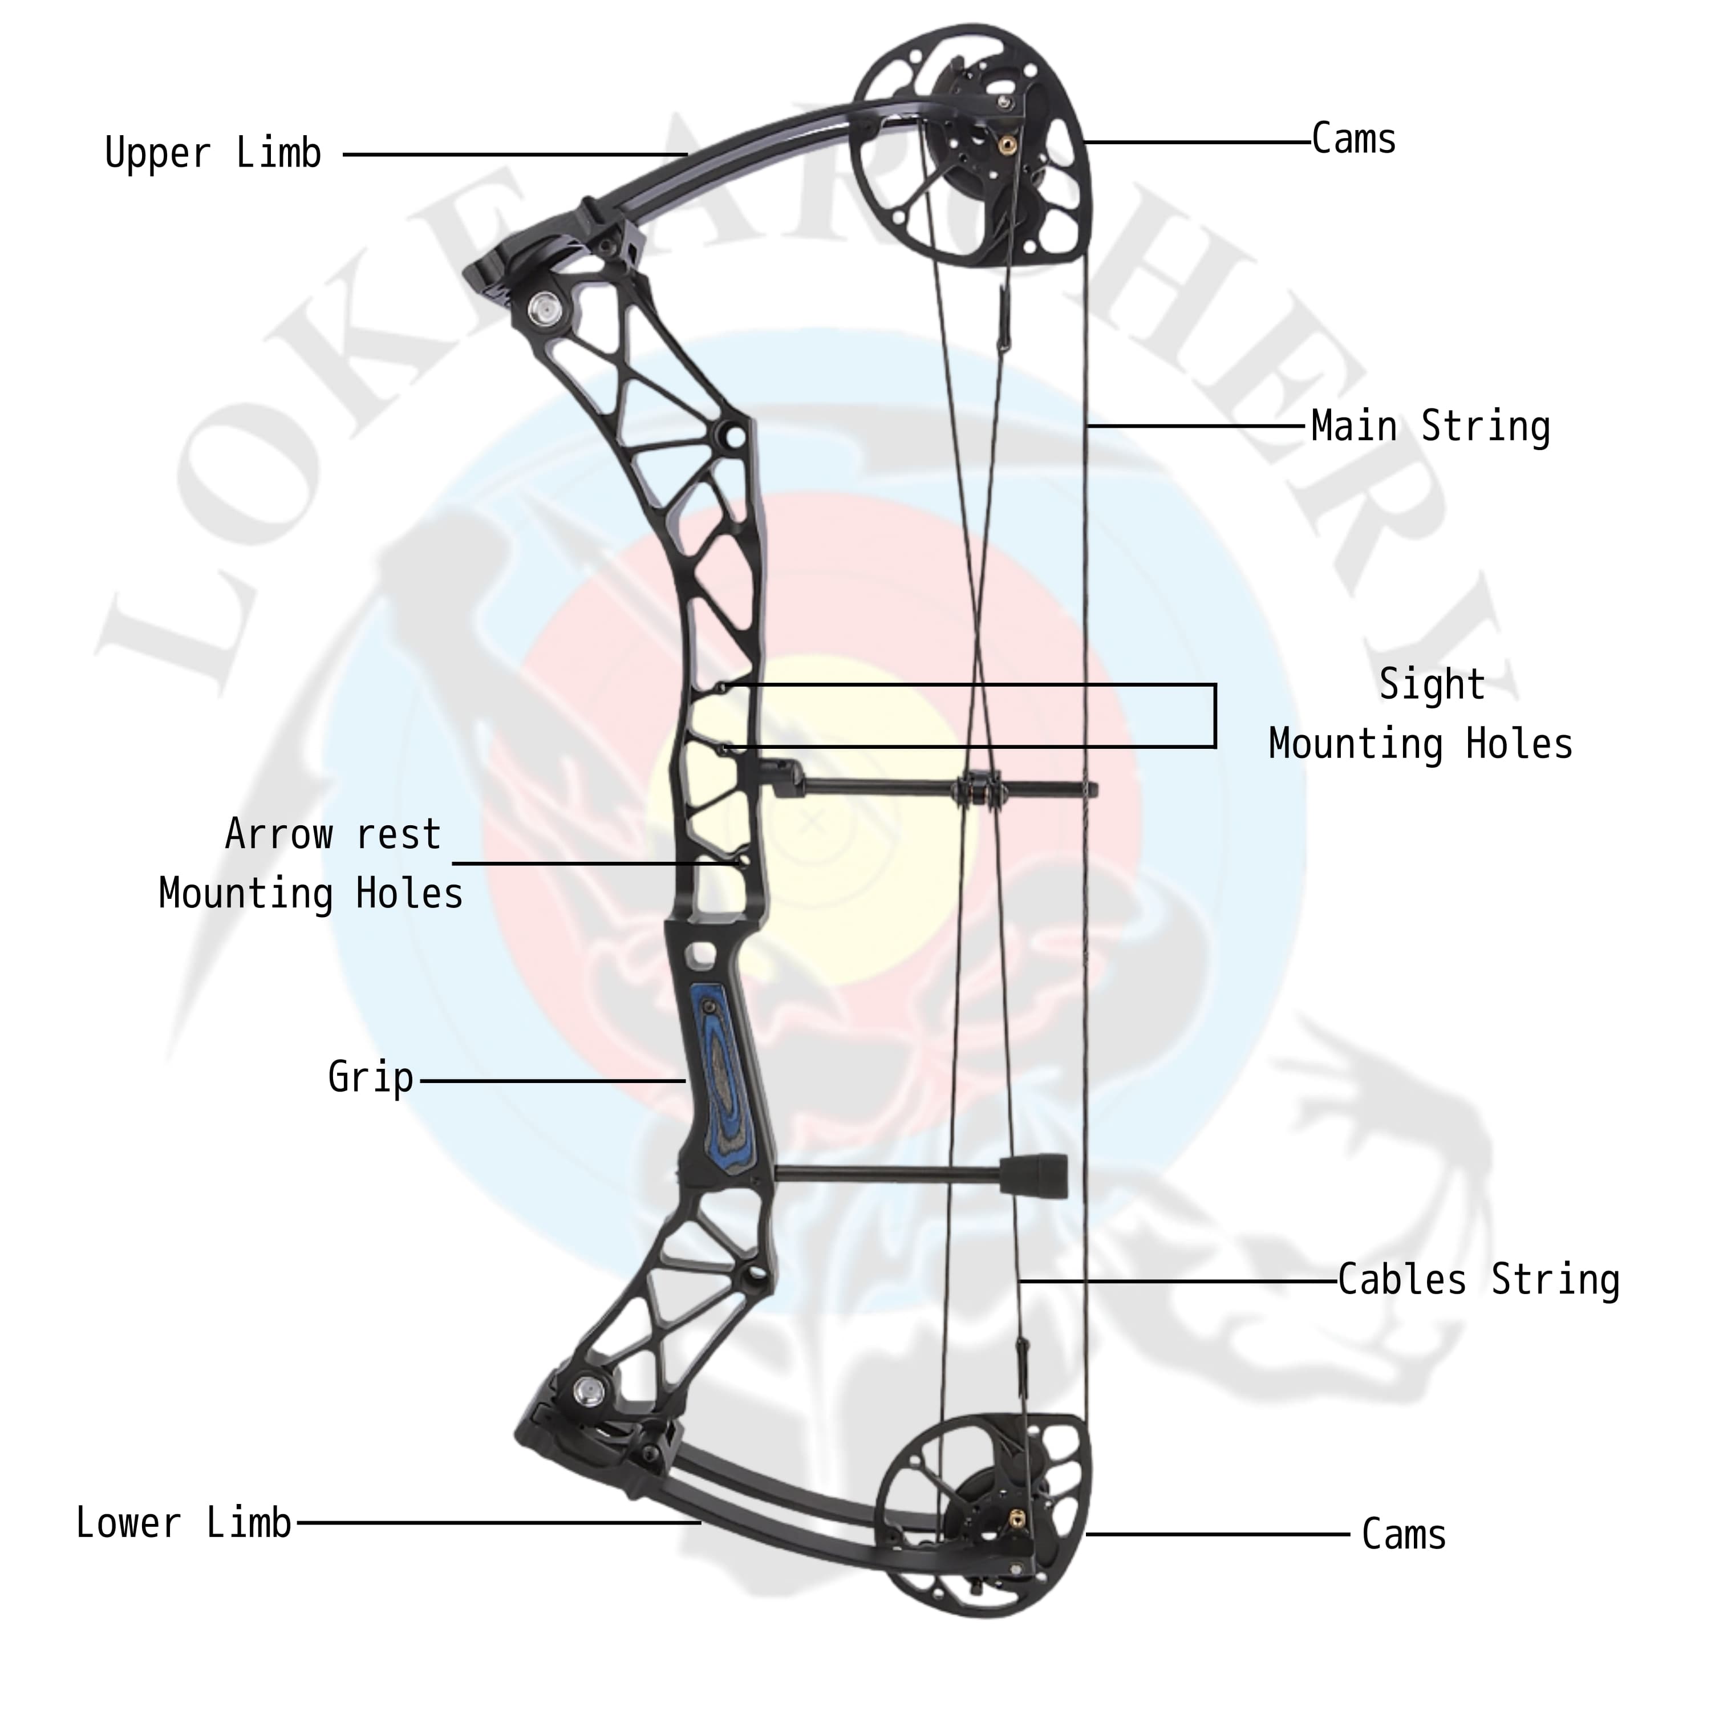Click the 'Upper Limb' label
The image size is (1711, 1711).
(x=213, y=154)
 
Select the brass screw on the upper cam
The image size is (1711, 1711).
(x=1006, y=141)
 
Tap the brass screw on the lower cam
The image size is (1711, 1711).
(x=1017, y=1522)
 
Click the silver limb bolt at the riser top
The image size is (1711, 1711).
(x=540, y=307)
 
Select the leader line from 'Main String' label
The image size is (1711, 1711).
(x=1195, y=427)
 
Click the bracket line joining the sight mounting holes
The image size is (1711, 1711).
(x=1214, y=716)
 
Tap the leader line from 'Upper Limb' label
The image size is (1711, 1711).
(x=514, y=155)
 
